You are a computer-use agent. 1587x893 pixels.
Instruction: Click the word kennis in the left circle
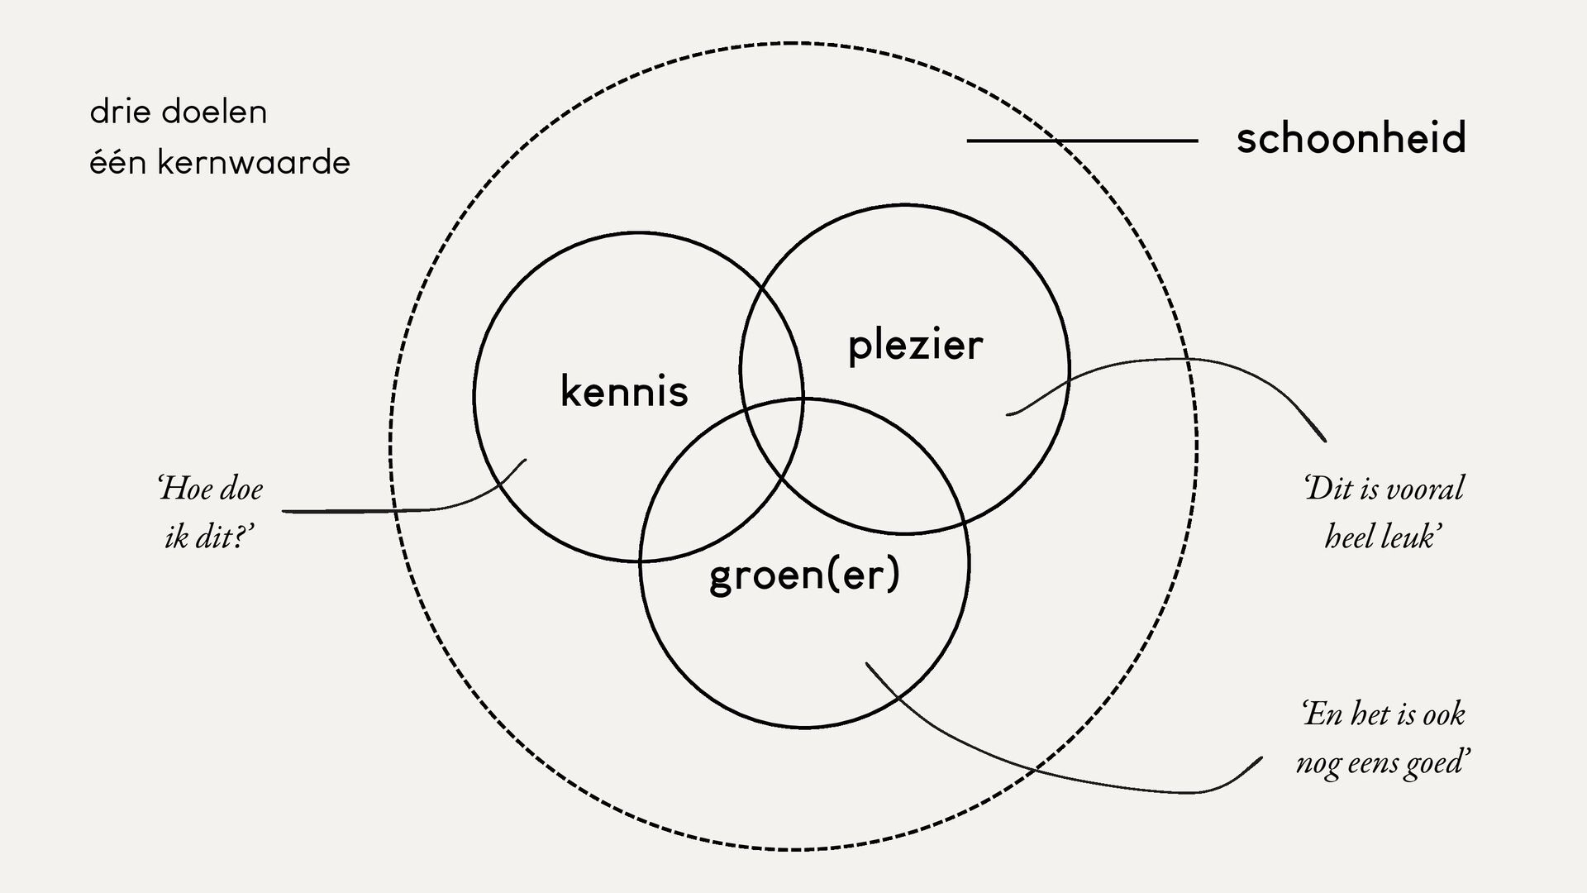624,392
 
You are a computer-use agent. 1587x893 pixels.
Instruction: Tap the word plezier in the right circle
915,346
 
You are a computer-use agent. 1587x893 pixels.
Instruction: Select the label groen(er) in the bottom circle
804,575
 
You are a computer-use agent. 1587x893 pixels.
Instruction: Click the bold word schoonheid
1351,138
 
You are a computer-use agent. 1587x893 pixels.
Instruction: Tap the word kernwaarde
254,162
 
